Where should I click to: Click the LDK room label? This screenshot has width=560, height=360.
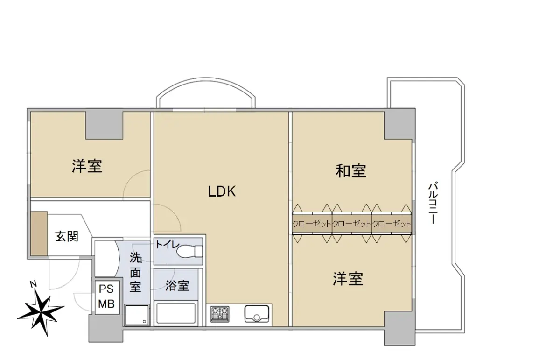click(222, 191)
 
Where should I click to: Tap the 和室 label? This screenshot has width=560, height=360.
click(351, 171)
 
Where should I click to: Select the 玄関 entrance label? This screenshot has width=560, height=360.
click(67, 236)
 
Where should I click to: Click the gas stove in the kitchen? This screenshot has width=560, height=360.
click(220, 314)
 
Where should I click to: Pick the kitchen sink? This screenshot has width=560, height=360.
click(257, 314)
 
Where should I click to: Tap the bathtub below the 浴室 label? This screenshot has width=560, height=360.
click(176, 313)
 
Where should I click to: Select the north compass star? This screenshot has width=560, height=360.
click(41, 312)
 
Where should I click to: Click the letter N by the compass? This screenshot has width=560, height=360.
click(33, 284)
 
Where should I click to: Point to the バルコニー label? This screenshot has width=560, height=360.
click(433, 203)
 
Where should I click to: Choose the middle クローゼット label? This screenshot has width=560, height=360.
click(351, 224)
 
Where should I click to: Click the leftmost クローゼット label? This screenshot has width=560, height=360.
click(312, 224)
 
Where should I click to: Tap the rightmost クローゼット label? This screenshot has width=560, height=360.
click(392, 224)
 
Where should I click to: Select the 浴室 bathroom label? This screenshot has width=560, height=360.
click(177, 285)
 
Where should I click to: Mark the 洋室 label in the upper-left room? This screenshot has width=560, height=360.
click(87, 166)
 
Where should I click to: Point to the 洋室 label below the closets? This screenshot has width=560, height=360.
click(348, 279)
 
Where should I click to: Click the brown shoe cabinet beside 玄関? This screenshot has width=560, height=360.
click(39, 233)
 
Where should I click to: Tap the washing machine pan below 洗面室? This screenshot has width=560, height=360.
click(137, 315)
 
